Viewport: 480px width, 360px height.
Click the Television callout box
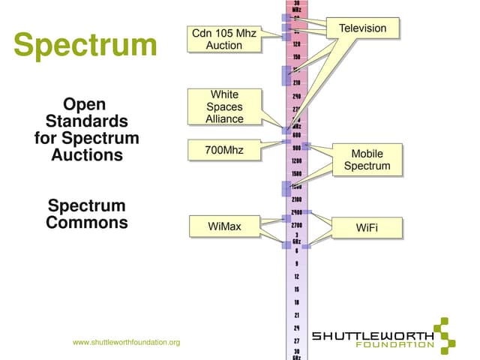[362, 28]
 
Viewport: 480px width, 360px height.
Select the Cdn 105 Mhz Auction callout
[224, 39]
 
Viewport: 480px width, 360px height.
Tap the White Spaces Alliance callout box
[224, 106]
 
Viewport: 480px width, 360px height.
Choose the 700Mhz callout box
[224, 151]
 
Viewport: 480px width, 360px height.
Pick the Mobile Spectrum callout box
[367, 160]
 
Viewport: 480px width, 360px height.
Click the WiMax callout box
[224, 226]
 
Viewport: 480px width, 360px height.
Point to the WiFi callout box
[367, 226]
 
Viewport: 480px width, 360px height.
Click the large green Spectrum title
[85, 45]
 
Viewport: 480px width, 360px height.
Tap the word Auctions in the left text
[87, 155]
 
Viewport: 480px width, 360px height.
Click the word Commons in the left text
[87, 223]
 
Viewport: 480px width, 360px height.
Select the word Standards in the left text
[87, 121]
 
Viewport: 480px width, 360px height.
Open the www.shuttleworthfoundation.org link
[126, 343]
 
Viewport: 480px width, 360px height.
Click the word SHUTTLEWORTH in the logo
[372, 336]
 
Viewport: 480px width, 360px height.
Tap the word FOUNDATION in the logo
[395, 346]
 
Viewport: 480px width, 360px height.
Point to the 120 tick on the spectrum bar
[297, 44]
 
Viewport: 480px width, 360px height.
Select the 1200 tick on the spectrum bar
[297, 160]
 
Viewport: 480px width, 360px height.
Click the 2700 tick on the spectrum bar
[297, 224]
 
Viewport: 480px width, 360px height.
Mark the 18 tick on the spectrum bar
[297, 302]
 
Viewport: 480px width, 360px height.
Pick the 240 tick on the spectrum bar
[297, 96]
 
